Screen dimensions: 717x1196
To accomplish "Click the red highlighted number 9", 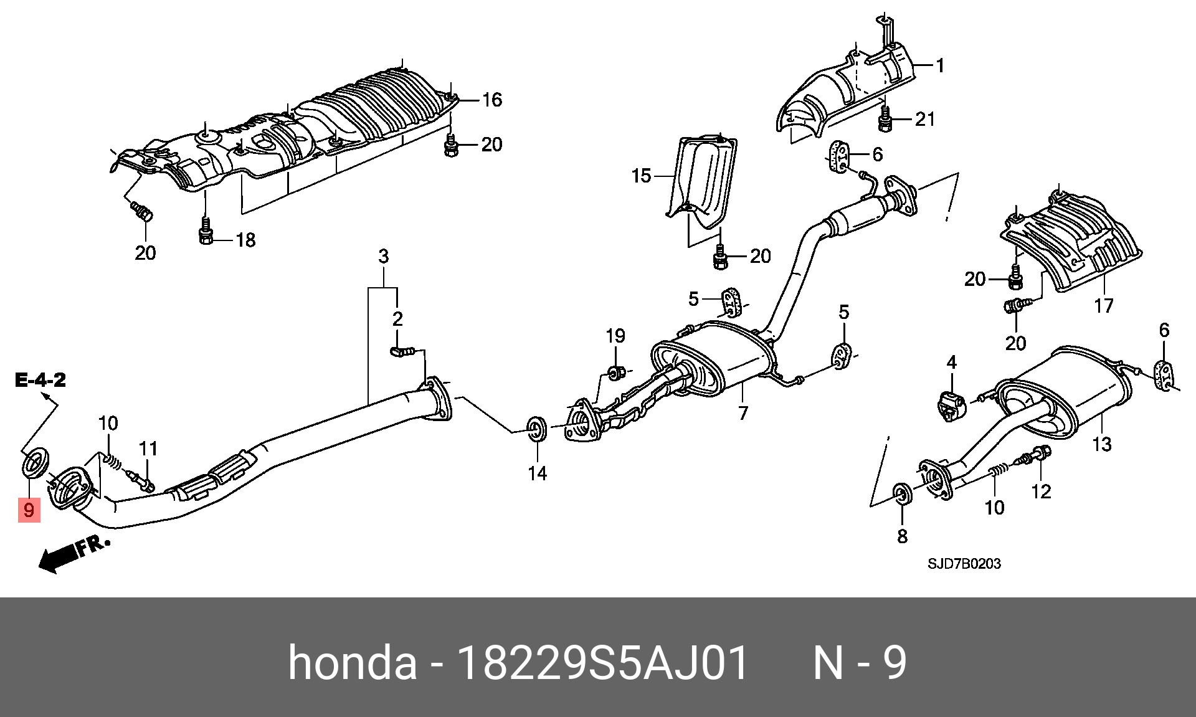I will pyautogui.click(x=29, y=510).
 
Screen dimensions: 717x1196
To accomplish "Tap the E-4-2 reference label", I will pyautogui.click(x=40, y=380).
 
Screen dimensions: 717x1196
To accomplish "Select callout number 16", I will pyautogui.click(x=491, y=100).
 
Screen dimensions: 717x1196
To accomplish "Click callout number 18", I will pyautogui.click(x=245, y=240).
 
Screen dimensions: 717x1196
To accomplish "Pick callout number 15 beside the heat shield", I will pyautogui.click(x=641, y=176).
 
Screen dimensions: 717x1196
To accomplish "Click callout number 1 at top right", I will pyautogui.click(x=940, y=65).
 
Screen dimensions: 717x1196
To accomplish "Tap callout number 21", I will pyautogui.click(x=925, y=119).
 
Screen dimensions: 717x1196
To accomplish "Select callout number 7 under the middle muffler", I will pyautogui.click(x=743, y=413).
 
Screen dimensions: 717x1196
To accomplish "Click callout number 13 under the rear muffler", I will pyautogui.click(x=1101, y=444).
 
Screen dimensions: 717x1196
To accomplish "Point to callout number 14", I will pyautogui.click(x=537, y=473).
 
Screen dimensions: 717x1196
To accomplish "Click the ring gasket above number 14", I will pyautogui.click(x=536, y=429).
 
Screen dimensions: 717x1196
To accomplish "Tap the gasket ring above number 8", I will pyautogui.click(x=902, y=494).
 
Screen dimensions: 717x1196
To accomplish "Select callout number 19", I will pyautogui.click(x=615, y=336).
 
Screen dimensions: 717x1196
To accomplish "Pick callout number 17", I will pyautogui.click(x=1103, y=306).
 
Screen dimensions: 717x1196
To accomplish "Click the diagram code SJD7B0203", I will pyautogui.click(x=964, y=564).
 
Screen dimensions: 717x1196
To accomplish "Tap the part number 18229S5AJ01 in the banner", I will pyautogui.click(x=602, y=663).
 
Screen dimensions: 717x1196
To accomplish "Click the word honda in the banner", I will pyautogui.click(x=352, y=663).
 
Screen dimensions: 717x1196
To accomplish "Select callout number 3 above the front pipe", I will pyautogui.click(x=383, y=256).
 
